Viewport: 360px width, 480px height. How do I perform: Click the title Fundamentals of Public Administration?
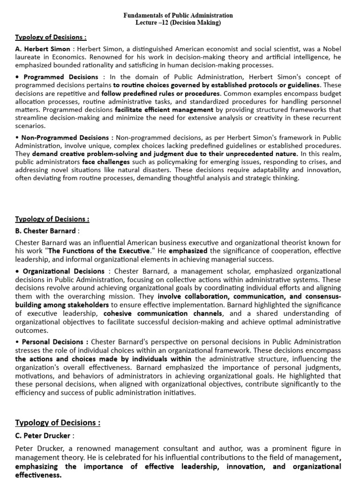[x=178, y=15]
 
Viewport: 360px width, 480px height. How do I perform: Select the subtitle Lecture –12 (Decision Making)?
[x=178, y=22]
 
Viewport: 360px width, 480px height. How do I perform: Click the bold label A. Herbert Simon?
[x=43, y=49]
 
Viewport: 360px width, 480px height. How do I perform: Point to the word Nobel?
[x=330, y=49]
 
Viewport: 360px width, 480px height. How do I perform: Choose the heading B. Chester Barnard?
[x=45, y=231]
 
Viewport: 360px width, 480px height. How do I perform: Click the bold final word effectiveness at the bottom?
[x=38, y=474]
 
